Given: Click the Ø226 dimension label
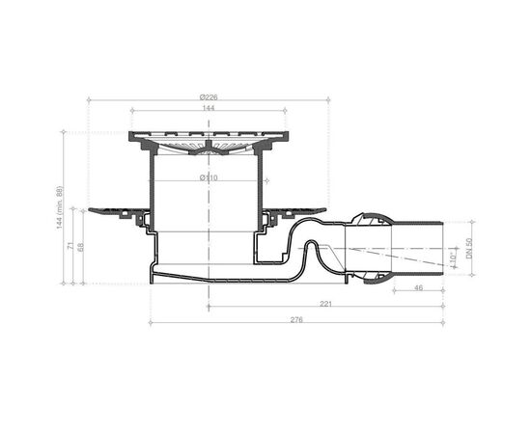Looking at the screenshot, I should click(207, 97).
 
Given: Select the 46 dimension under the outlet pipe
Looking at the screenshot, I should click(417, 287).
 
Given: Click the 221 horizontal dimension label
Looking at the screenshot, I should click(327, 303).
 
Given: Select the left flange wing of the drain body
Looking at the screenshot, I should click(112, 208).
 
